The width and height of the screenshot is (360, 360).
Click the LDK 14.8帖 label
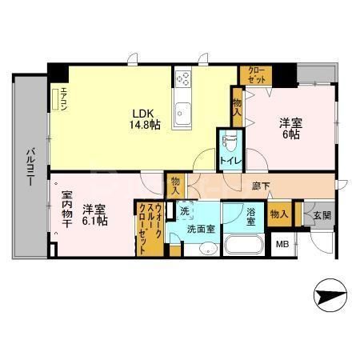tap(145, 118)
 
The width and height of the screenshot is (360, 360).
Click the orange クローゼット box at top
tap(257, 76)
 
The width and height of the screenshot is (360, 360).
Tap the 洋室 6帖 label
tap(288, 128)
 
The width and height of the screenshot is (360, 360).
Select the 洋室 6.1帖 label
tap(94, 214)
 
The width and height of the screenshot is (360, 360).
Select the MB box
tap(282, 244)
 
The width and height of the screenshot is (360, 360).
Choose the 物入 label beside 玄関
tap(279, 214)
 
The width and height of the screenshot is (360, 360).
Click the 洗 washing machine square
tap(184, 213)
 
